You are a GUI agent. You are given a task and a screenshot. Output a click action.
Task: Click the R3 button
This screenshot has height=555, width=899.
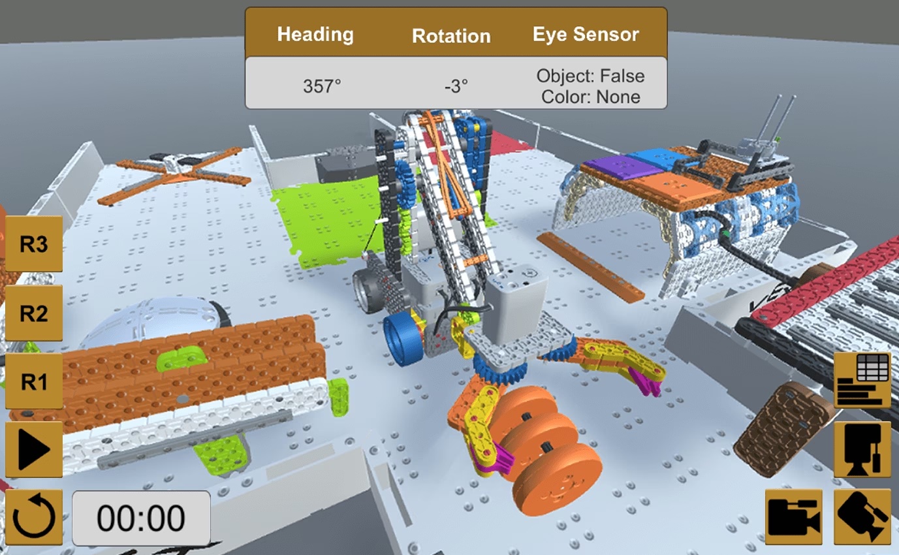[34, 244]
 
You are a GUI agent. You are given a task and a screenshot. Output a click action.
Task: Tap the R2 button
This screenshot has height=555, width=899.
[34, 313]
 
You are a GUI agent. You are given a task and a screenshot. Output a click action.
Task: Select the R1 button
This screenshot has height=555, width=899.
[34, 381]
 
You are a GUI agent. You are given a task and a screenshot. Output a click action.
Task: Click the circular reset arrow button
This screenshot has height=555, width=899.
[34, 518]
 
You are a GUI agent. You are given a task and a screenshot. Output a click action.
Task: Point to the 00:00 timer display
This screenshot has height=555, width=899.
[141, 518]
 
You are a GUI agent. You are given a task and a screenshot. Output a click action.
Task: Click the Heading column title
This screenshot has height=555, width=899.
[315, 34]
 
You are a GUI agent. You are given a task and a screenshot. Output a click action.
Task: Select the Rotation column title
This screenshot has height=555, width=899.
[451, 35]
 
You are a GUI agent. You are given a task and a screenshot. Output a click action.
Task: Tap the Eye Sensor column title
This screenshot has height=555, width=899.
[586, 34]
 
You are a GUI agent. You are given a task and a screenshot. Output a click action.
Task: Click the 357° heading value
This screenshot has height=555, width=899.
[322, 86]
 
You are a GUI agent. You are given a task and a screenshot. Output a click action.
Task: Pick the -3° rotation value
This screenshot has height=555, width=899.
[456, 86]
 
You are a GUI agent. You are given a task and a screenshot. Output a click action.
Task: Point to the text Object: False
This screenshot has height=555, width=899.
[590, 76]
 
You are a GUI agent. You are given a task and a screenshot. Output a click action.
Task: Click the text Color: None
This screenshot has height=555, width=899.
[590, 97]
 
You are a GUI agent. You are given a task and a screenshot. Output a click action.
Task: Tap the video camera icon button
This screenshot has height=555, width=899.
[794, 516]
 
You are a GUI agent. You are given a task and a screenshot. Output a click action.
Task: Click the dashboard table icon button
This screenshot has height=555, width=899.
[862, 379]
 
